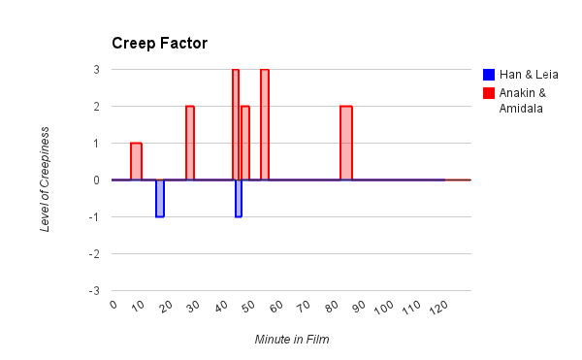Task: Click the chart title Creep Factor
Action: tap(160, 44)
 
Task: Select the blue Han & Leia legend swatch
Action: tap(489, 75)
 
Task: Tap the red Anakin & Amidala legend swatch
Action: tap(489, 93)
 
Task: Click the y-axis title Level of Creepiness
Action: tap(45, 180)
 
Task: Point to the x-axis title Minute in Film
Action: tap(292, 340)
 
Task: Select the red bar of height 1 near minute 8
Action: tap(136, 161)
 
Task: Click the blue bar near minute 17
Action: tap(160, 199)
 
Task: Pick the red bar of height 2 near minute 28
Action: tap(190, 143)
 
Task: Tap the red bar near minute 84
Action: tap(346, 143)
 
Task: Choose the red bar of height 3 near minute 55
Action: tap(265, 125)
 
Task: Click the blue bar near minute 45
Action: tap(239, 199)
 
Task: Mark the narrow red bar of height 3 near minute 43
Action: tap(236, 125)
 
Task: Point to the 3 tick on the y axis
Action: tap(96, 70)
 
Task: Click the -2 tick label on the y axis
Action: tap(94, 254)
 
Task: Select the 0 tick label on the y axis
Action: tap(96, 180)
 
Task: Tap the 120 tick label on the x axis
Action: tap(438, 308)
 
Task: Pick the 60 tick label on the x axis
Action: tap(276, 307)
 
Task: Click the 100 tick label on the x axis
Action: tap(383, 308)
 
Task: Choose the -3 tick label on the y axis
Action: tap(94, 291)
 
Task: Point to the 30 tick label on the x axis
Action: tap(193, 307)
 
